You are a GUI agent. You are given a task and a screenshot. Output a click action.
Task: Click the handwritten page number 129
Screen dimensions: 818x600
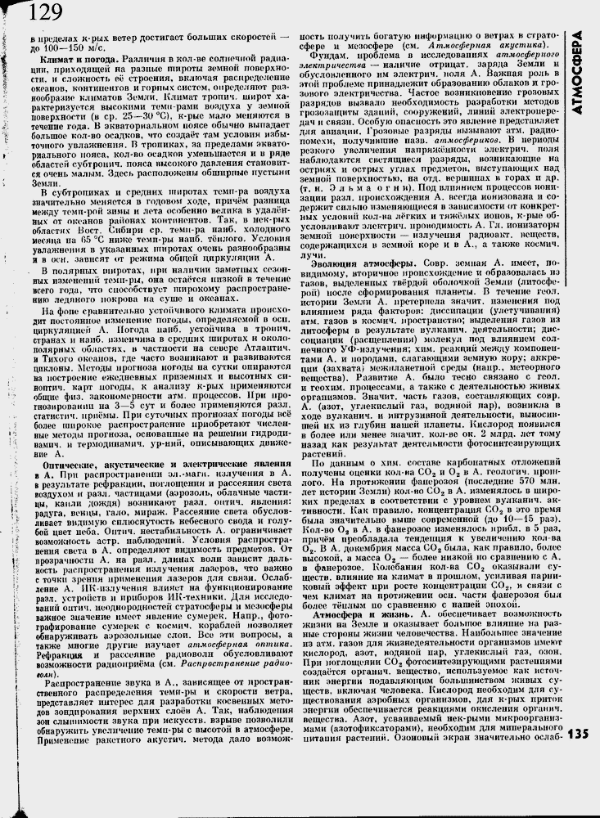[x=44, y=13]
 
